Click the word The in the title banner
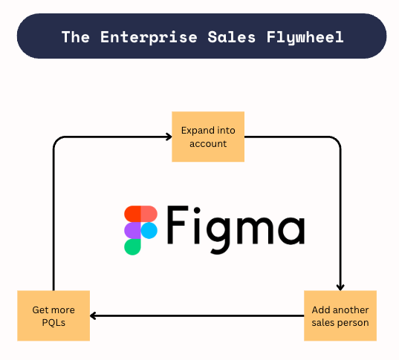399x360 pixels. pos(74,36)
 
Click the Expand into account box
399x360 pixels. pos(208,137)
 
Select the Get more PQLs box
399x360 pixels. pos(53,315)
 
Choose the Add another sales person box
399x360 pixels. pos(340,315)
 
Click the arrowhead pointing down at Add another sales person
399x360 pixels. pos(340,287)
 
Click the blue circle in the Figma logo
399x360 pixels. pos(149,230)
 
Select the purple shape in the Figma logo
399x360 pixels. pos(132,230)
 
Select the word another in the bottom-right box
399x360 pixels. pos(351,310)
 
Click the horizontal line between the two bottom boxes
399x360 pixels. pos(197,316)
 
